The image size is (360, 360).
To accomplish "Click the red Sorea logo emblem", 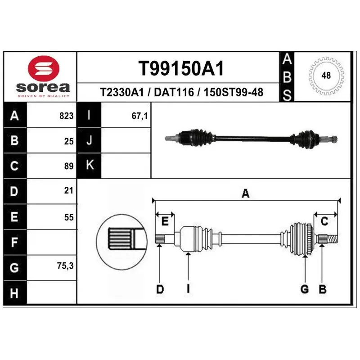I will [43, 69].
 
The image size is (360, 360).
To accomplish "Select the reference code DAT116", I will [174, 93].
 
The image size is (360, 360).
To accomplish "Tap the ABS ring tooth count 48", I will [326, 76].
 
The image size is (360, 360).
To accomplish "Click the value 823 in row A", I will [66, 116].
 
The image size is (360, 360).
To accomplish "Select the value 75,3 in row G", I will [66, 266].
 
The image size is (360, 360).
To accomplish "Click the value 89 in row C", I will [68, 166].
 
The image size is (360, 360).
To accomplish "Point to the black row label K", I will [90, 166].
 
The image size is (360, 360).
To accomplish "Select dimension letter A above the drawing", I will [246, 193].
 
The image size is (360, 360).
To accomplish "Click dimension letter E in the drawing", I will [165, 221].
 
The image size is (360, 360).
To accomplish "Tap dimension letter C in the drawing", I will [324, 221].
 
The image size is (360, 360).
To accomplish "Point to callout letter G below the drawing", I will [305, 290].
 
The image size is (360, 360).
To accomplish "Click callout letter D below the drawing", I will [160, 290].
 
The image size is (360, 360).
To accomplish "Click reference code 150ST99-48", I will [234, 93].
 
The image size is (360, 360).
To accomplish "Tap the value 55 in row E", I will [68, 217].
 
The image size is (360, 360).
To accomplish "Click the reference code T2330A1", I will [121, 93].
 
